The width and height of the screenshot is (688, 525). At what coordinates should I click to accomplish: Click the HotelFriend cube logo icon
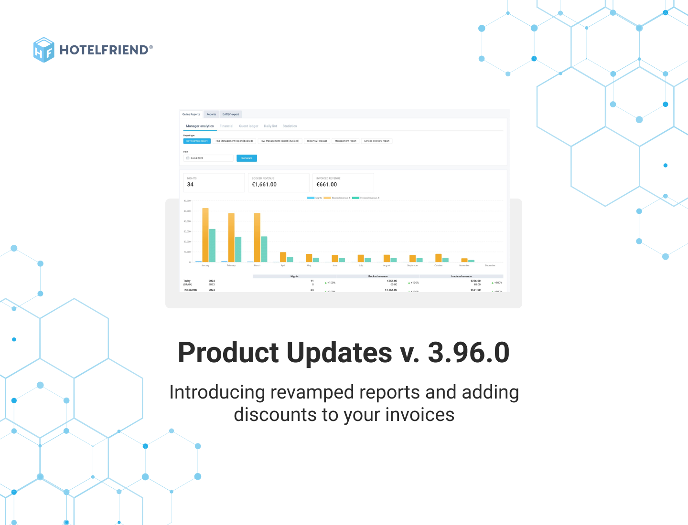click(44, 50)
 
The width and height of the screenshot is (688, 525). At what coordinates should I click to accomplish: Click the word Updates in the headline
click(339, 353)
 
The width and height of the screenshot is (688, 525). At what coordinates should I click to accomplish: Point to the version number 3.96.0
click(468, 353)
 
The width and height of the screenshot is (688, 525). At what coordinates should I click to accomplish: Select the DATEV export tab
click(231, 114)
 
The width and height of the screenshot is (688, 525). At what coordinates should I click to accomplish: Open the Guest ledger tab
click(248, 126)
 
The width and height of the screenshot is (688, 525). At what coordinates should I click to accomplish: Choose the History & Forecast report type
click(317, 141)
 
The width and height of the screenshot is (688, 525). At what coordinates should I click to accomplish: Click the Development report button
click(197, 141)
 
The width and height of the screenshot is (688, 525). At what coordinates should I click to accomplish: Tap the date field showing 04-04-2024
click(209, 158)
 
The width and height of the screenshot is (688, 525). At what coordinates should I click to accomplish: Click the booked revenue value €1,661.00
click(264, 185)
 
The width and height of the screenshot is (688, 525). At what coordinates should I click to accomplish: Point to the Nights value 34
click(190, 185)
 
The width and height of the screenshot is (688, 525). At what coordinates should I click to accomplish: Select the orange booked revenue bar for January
click(205, 235)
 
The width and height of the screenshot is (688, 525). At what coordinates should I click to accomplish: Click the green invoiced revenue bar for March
click(264, 249)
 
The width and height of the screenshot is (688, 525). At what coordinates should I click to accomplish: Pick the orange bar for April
click(283, 257)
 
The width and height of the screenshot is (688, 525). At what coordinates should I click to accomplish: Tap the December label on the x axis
click(490, 265)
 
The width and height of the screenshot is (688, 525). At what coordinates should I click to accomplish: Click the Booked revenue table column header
click(378, 276)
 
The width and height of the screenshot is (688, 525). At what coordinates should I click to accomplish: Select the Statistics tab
click(290, 126)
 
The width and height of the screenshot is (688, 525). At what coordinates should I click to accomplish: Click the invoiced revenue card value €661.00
click(327, 185)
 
